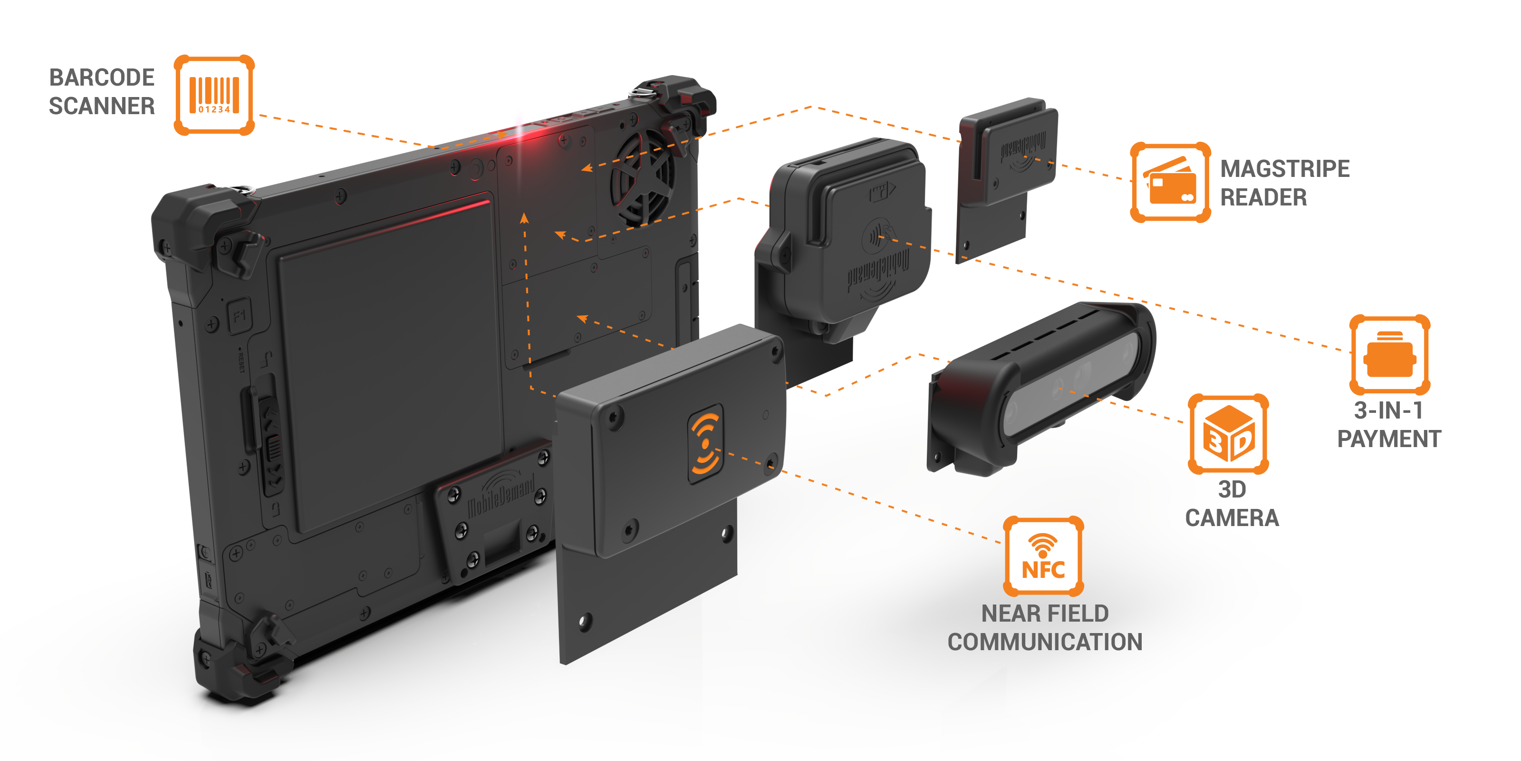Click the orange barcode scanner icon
(214, 95)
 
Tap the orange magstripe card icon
(1170, 182)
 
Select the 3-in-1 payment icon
(1389, 354)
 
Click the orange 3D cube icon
(1228, 434)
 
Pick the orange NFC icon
(1043, 556)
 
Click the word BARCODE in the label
(102, 78)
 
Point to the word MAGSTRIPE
(1284, 169)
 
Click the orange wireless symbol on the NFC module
(705, 443)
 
